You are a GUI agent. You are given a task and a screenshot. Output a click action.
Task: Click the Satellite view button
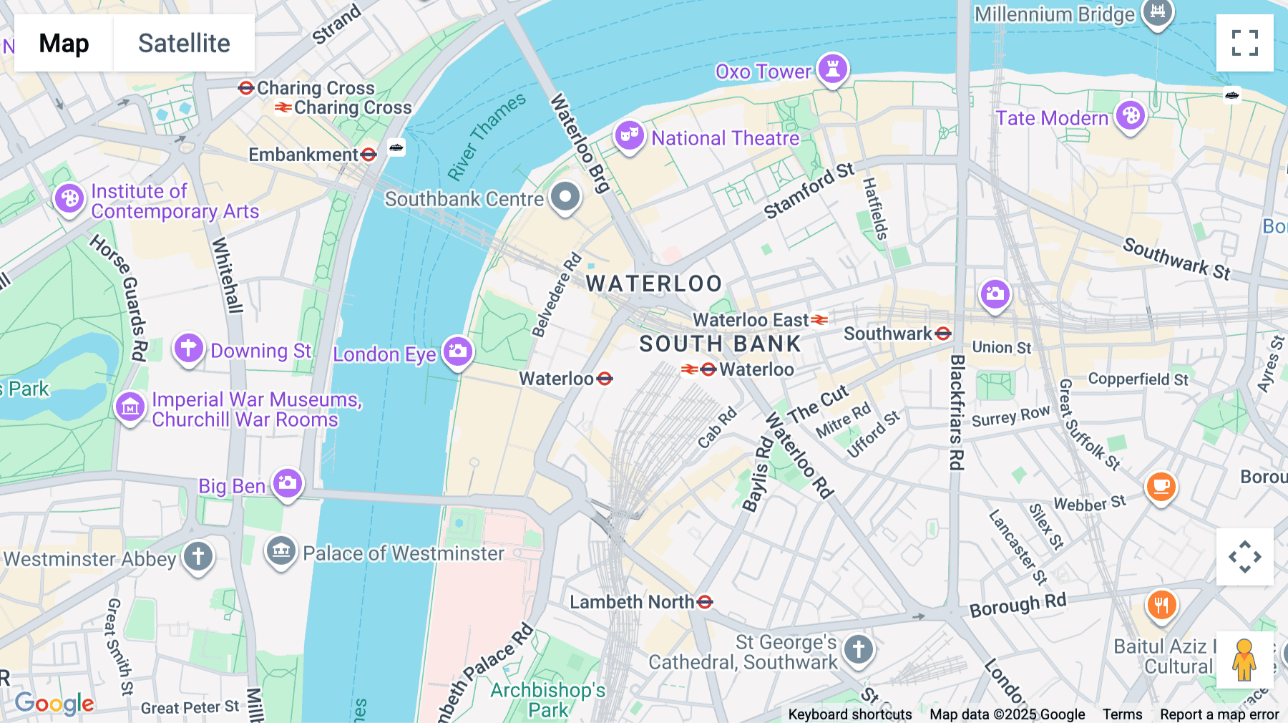pyautogui.click(x=184, y=43)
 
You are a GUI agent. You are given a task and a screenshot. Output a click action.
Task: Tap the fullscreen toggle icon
pyautogui.click(x=1244, y=43)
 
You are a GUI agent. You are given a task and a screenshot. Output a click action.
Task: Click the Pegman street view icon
pyautogui.click(x=1244, y=659)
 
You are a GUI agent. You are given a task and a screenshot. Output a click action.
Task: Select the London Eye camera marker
pyautogui.click(x=458, y=351)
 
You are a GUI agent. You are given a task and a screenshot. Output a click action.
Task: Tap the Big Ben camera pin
pyautogui.click(x=288, y=483)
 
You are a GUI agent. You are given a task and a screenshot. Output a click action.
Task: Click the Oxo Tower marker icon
pyautogui.click(x=832, y=69)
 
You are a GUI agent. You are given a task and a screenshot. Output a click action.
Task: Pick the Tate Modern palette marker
pyautogui.click(x=1131, y=115)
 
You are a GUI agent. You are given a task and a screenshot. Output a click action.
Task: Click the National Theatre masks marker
pyautogui.click(x=629, y=134)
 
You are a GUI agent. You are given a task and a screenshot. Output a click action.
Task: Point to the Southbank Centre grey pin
pyautogui.click(x=565, y=195)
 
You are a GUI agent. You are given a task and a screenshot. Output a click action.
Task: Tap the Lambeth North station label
pyautogui.click(x=632, y=602)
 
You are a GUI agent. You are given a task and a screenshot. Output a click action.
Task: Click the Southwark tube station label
pyautogui.click(x=888, y=334)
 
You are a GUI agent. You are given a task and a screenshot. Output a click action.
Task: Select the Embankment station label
pyautogui.click(x=303, y=155)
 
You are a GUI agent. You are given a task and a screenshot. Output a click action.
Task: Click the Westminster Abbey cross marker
pyautogui.click(x=198, y=556)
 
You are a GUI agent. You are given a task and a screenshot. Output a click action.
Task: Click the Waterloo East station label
pyautogui.click(x=751, y=320)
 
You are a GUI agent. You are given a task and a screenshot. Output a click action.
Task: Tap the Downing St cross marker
pyautogui.click(x=188, y=349)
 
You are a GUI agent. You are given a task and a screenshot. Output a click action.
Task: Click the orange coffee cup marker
pyautogui.click(x=1161, y=487)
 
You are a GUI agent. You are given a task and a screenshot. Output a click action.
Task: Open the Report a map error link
pyautogui.click(x=1219, y=714)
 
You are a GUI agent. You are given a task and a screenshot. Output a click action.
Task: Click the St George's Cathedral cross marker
pyautogui.click(x=858, y=649)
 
